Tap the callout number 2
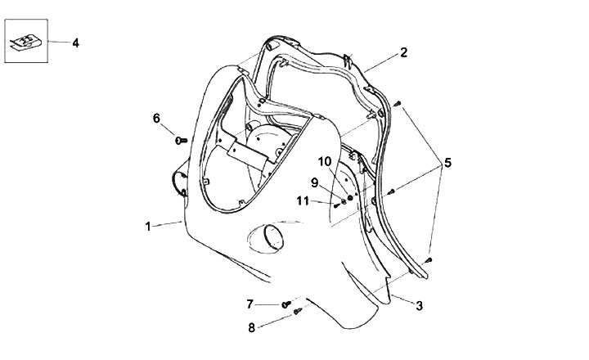[x=403, y=53]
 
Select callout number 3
[x=419, y=306]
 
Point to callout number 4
[x=75, y=43]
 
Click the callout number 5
[x=447, y=163]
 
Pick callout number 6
[x=156, y=118]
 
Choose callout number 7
[x=250, y=304]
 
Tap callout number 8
[x=251, y=327]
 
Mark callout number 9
[x=313, y=182]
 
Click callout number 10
[x=325, y=161]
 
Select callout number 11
[x=302, y=200]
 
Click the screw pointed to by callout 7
[x=286, y=304]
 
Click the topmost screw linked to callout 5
[x=397, y=104]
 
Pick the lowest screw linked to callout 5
[x=427, y=260]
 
